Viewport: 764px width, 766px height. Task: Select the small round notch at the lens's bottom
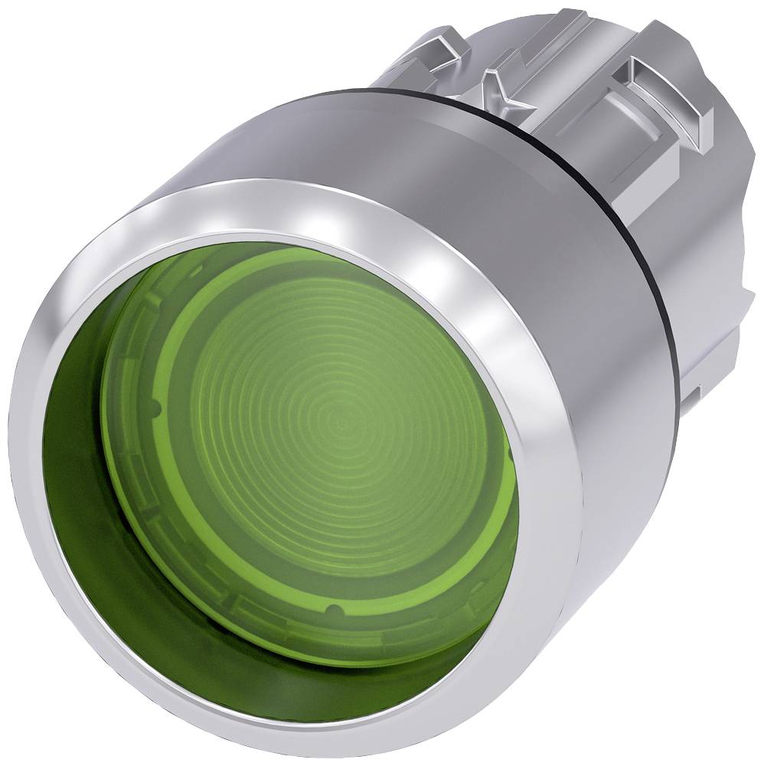click(331, 610)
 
